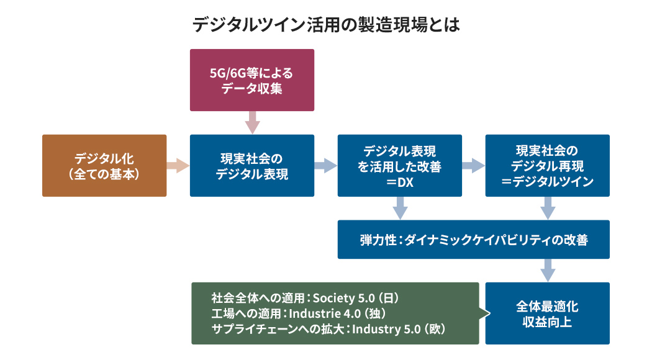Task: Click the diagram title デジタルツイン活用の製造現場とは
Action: (x=326, y=25)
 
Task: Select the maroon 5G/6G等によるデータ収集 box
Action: (x=252, y=80)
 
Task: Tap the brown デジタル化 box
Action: (x=104, y=166)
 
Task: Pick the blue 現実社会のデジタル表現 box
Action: (x=252, y=166)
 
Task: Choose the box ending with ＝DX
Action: (x=400, y=166)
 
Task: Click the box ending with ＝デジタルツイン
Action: (x=547, y=166)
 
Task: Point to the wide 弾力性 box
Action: (x=474, y=240)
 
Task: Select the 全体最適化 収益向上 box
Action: (x=547, y=313)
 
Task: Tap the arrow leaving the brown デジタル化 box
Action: (x=178, y=166)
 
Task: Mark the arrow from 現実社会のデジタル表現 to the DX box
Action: (x=325, y=166)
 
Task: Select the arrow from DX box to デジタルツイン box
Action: (x=473, y=166)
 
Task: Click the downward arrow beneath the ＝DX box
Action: (x=400, y=208)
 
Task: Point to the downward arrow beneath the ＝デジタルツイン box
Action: (x=548, y=208)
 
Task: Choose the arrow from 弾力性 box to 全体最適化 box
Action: (x=548, y=270)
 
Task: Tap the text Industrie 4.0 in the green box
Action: (x=325, y=313)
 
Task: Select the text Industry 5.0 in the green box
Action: (x=386, y=329)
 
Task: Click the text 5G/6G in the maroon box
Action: (x=228, y=73)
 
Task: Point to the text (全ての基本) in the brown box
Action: (x=104, y=174)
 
